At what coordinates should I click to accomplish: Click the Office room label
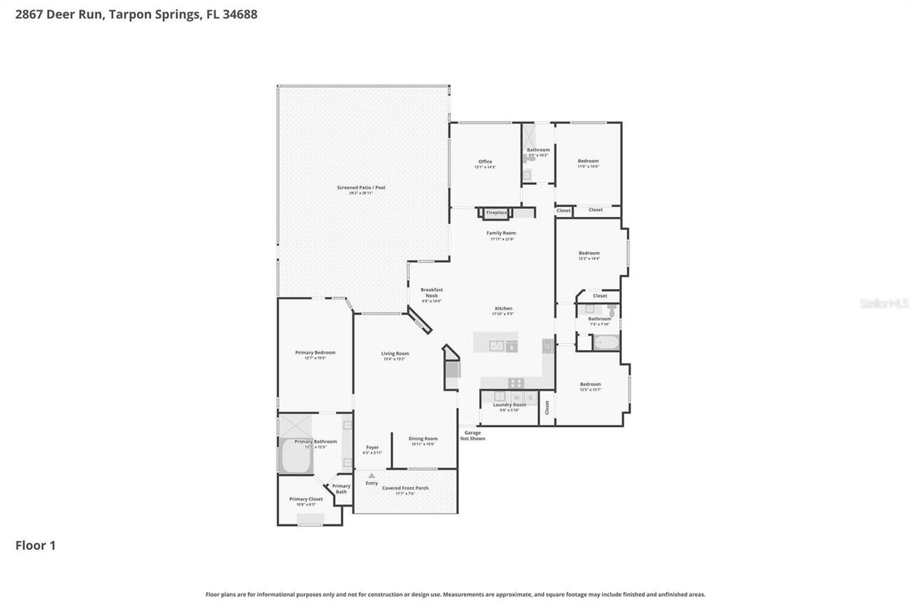[485, 162]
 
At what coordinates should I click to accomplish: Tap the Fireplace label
[496, 212]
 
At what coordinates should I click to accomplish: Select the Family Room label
[501, 233]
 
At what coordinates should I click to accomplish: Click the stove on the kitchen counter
[516, 383]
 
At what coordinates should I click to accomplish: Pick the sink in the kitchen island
[497, 346]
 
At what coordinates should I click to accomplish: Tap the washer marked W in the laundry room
[517, 397]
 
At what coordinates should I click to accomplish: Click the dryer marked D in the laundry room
[530, 397]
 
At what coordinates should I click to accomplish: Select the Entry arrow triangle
[371, 475]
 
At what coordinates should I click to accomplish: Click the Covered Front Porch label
[405, 488]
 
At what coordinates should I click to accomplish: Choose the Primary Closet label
[305, 499]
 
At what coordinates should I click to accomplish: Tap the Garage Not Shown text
[473, 435]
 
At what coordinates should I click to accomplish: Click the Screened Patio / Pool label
[361, 187]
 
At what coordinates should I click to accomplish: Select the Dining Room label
[423, 438]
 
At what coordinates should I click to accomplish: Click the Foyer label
[372, 447]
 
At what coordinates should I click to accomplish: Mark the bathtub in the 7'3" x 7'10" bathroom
[606, 343]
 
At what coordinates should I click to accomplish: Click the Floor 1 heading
[36, 546]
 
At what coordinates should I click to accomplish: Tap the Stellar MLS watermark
[884, 303]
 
